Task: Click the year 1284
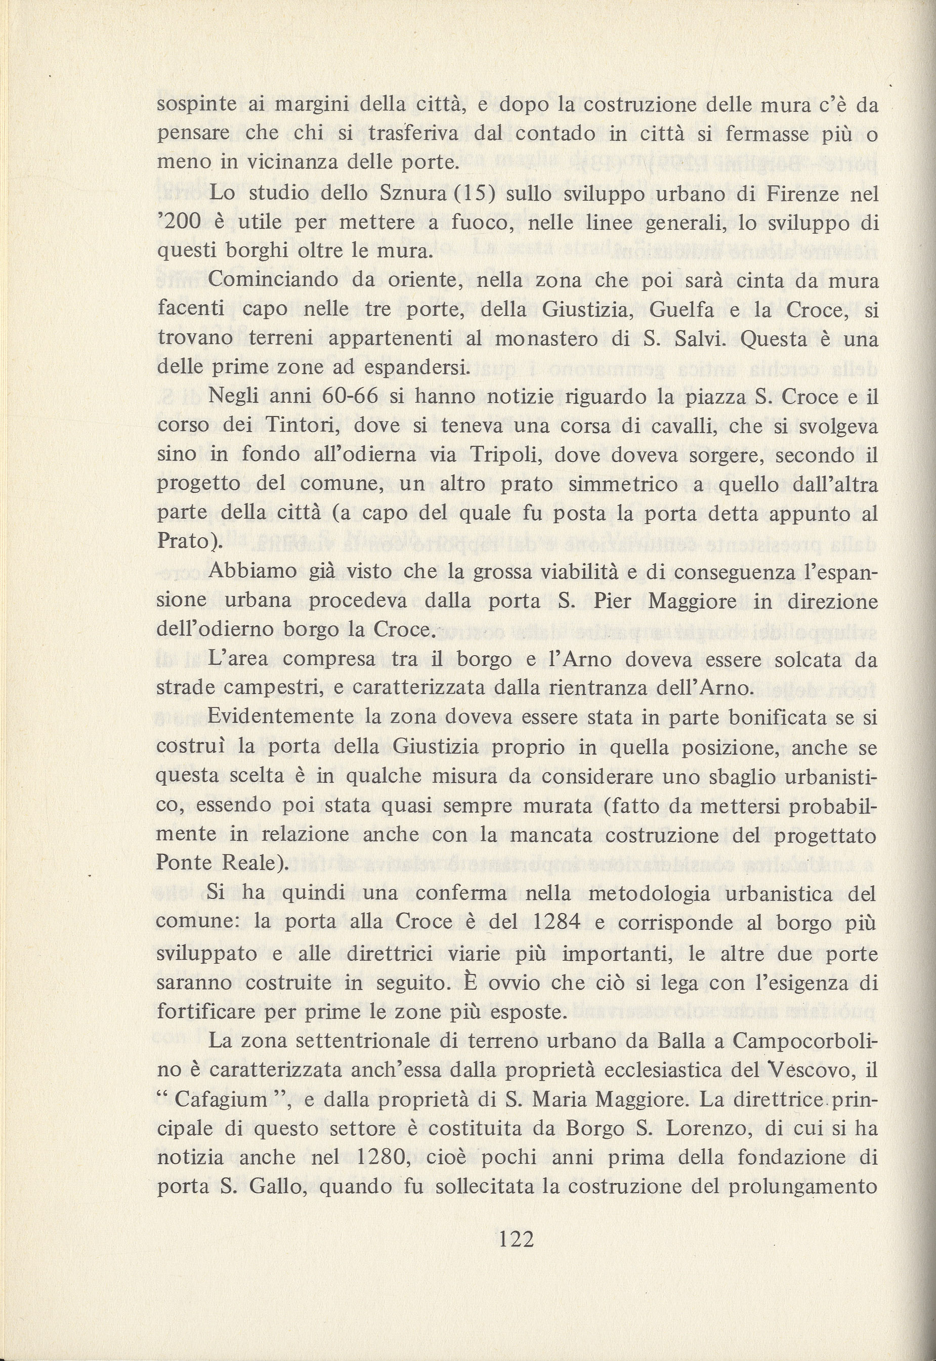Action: [x=552, y=922]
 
